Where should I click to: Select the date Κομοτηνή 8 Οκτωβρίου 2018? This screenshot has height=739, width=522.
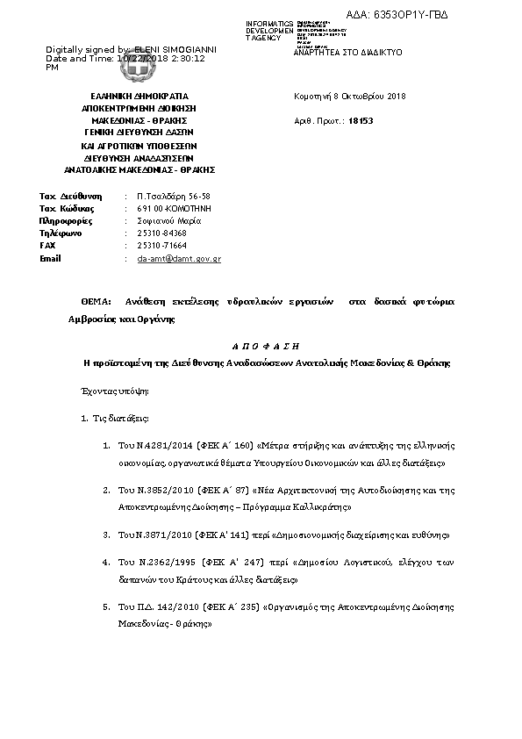point(349,96)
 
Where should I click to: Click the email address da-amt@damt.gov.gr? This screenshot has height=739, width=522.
point(179,259)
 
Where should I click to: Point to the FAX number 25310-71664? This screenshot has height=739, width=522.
point(162,246)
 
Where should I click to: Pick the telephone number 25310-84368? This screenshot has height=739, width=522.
point(162,233)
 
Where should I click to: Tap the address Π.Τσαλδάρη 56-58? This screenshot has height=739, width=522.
point(174,196)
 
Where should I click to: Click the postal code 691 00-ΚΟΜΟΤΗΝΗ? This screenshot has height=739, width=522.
point(175,209)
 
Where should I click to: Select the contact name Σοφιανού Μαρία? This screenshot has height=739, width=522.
point(169,221)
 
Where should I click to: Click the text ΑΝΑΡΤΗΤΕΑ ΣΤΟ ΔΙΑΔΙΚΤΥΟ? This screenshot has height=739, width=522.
point(347,53)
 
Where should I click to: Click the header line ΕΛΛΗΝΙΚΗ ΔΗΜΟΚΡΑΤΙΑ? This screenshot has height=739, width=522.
point(139,96)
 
